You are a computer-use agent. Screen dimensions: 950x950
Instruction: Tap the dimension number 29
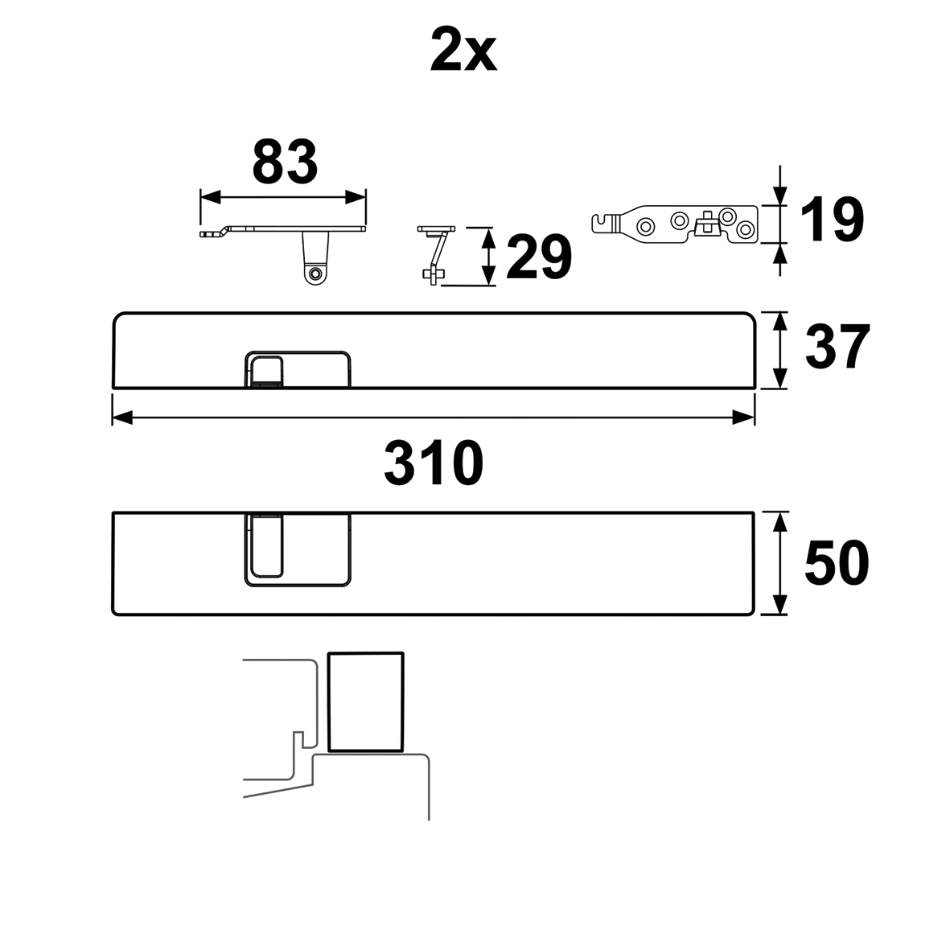click(538, 258)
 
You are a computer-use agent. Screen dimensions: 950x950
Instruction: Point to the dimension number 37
click(837, 348)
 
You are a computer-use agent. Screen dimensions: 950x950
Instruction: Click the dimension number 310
click(434, 463)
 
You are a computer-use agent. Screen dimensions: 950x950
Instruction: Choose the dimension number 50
click(837, 563)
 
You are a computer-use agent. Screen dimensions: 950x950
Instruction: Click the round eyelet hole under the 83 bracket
click(315, 274)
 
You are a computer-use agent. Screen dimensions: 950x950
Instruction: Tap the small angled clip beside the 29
click(435, 253)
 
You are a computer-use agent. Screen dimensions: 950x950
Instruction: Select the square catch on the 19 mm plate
click(707, 222)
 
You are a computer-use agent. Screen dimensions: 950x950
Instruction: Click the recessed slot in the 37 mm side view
click(265, 370)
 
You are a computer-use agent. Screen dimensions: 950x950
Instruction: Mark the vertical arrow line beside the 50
click(779, 563)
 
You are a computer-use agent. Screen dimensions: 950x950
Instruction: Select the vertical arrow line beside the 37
click(779, 351)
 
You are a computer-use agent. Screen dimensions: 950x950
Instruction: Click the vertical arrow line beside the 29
click(486, 256)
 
